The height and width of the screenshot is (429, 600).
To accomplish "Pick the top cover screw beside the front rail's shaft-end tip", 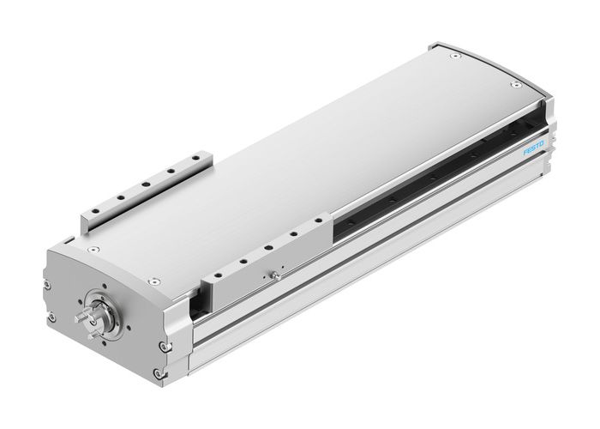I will coord(154,279).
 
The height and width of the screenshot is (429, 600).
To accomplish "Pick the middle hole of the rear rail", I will coord(147,184).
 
